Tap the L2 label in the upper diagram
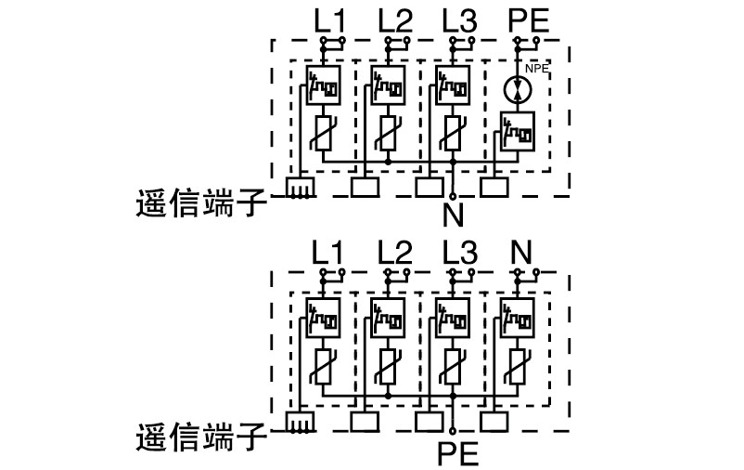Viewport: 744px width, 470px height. click(x=395, y=20)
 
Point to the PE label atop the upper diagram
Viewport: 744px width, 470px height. click(x=529, y=20)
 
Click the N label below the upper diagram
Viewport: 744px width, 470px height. click(x=453, y=216)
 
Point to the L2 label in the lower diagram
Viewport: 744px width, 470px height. click(x=395, y=253)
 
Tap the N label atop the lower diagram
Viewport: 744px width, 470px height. click(x=522, y=253)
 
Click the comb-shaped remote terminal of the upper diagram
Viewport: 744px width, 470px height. click(x=298, y=188)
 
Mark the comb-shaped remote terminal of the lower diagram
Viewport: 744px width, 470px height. click(x=298, y=422)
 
